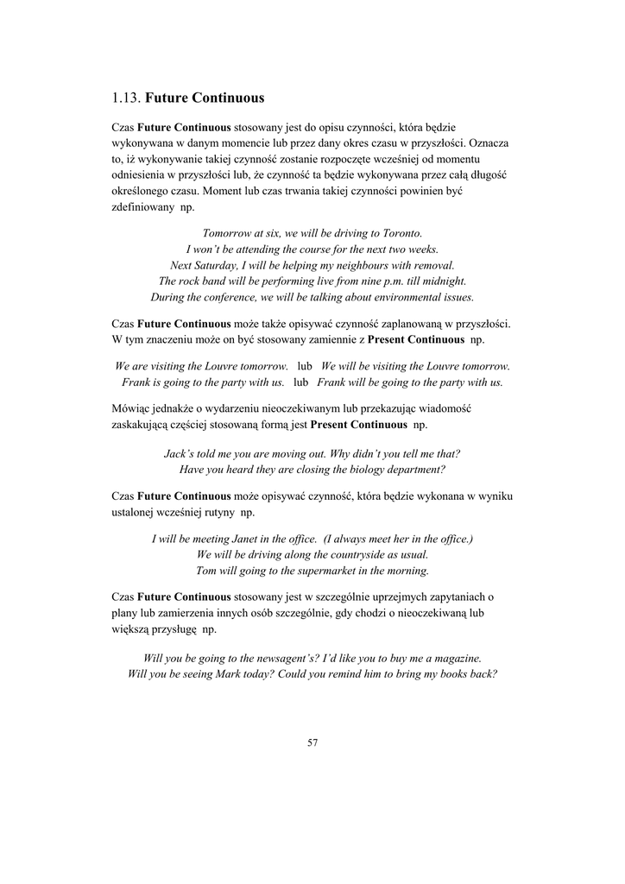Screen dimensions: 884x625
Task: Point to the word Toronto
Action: point(401,233)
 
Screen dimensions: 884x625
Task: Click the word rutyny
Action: point(217,513)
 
